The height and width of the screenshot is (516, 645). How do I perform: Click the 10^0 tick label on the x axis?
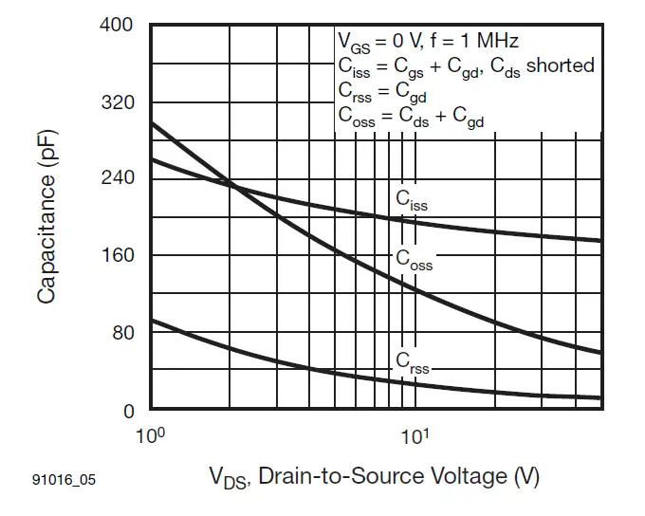pos(151,436)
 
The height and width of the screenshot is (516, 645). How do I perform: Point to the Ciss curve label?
pos(411,200)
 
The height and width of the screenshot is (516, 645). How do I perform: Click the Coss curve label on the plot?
pos(414,259)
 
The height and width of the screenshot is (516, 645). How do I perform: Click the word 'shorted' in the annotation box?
pos(560,65)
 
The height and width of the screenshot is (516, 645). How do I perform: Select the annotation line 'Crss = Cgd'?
pos(383,90)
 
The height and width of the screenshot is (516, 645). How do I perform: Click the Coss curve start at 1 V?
pos(153,123)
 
